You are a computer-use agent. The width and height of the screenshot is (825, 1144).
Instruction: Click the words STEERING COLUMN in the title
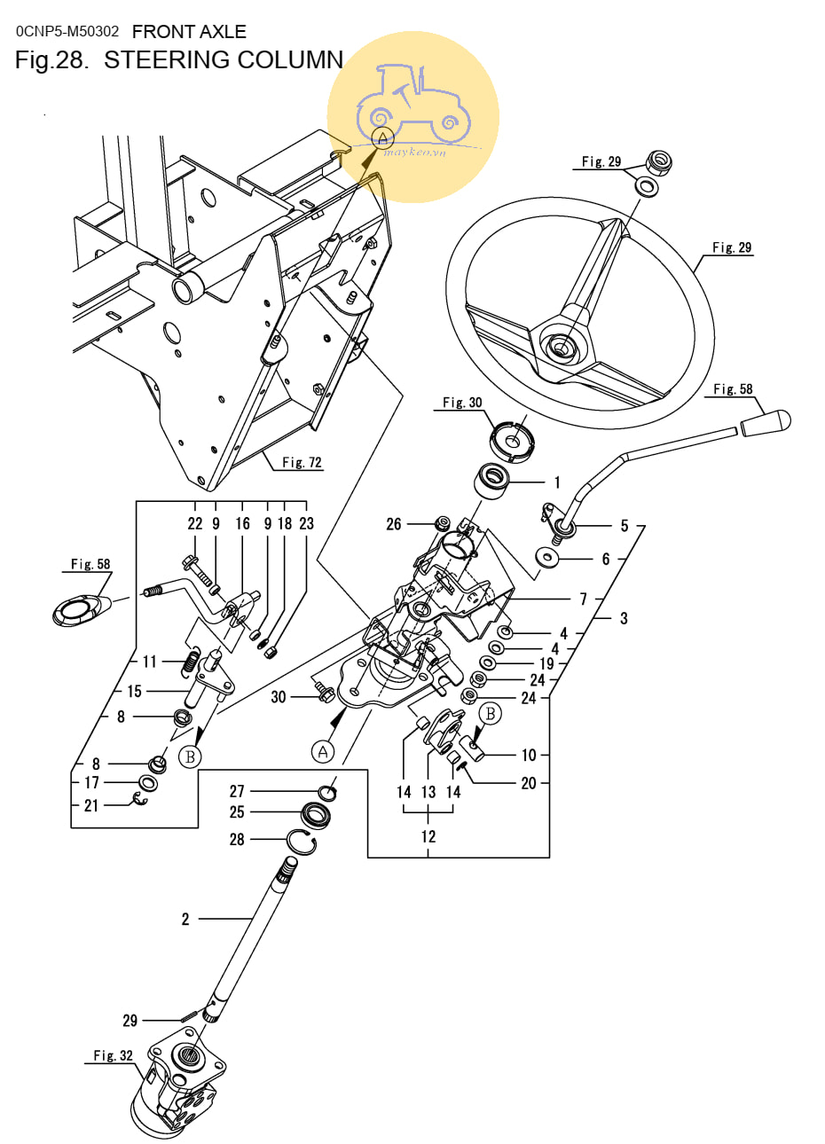(224, 59)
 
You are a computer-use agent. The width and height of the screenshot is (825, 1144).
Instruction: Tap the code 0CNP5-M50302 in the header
(67, 32)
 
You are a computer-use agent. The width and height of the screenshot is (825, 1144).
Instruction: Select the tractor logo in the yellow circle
(412, 105)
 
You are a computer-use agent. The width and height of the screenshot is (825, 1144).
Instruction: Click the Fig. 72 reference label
(302, 462)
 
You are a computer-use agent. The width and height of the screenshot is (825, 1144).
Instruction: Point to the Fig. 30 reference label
(462, 403)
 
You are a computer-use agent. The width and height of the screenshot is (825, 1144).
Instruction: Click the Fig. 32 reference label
(113, 1055)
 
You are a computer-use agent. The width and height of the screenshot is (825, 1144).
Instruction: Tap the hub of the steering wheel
(562, 348)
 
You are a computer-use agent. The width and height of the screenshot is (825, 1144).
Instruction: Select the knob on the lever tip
(765, 423)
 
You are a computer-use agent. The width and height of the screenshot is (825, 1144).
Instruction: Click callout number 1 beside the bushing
(557, 482)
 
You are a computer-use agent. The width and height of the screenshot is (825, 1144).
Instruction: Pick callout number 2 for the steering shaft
(185, 920)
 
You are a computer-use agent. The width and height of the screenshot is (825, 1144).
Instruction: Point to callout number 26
(393, 524)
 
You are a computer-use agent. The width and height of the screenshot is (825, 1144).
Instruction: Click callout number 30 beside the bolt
(279, 697)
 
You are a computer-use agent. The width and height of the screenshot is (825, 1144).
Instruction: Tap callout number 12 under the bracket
(428, 836)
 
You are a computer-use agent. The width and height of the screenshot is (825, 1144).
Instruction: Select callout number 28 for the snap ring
(237, 839)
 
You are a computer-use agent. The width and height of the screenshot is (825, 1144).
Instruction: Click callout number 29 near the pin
(130, 1021)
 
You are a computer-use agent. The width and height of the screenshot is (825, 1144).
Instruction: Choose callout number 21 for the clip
(91, 805)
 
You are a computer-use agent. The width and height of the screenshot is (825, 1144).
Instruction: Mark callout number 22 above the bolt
(194, 523)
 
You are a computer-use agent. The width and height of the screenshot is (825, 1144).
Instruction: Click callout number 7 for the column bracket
(583, 599)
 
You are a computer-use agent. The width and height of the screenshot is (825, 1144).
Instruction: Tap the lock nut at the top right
(659, 163)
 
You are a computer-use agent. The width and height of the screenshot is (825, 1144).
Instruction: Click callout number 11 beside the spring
(149, 662)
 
